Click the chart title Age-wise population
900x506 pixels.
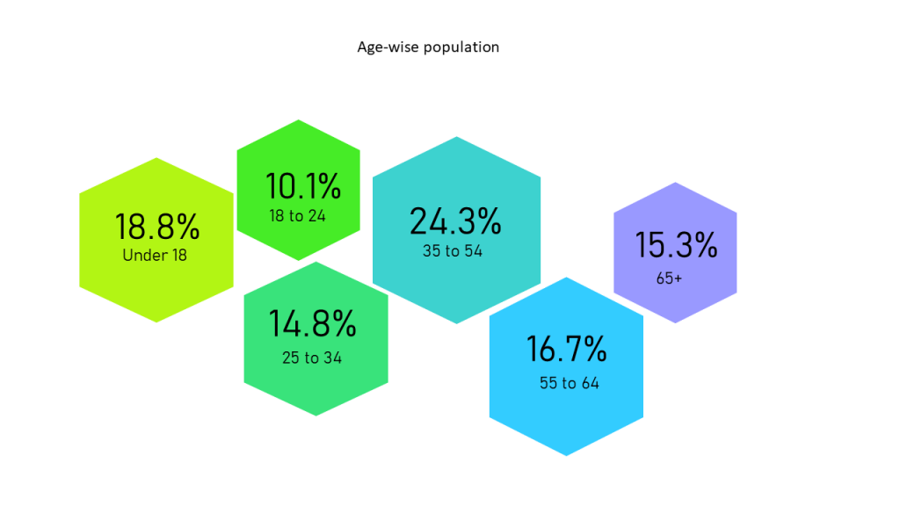(x=428, y=47)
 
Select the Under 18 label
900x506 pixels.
(x=155, y=256)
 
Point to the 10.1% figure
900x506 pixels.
(x=303, y=186)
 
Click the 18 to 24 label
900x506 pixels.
(x=297, y=216)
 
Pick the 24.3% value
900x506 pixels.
(x=455, y=220)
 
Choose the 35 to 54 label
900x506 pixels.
(x=453, y=250)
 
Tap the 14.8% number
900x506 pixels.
(x=312, y=323)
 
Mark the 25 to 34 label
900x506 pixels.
(x=312, y=358)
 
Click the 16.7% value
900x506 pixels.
(x=567, y=349)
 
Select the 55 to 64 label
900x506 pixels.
(x=570, y=383)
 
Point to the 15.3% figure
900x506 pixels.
(x=676, y=245)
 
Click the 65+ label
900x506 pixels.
(x=669, y=278)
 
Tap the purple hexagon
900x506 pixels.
(x=675, y=252)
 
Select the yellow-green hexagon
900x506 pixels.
(x=156, y=240)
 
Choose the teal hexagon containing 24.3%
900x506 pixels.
(x=456, y=230)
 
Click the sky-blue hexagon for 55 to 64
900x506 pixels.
(x=566, y=366)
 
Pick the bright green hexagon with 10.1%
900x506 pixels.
(x=299, y=190)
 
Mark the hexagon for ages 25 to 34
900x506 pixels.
(x=316, y=338)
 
